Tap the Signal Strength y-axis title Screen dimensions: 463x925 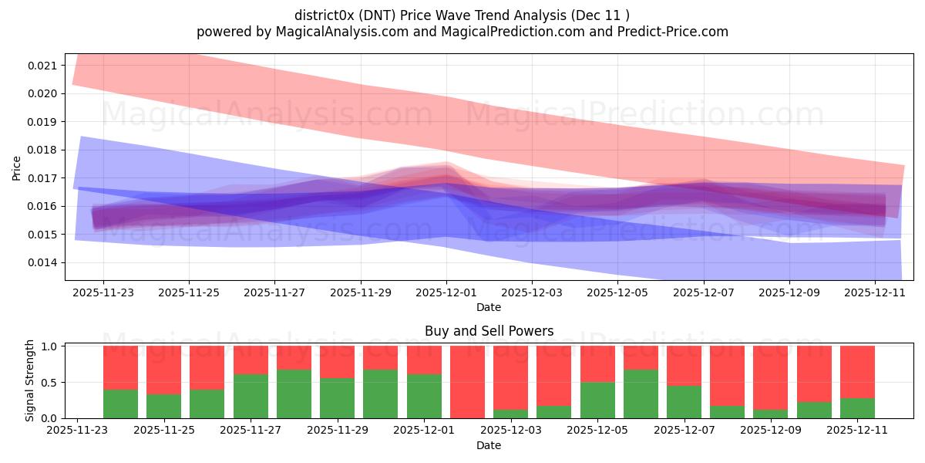tap(29, 381)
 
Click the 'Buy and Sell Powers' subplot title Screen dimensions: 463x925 tap(489, 331)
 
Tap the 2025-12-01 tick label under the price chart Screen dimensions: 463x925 tap(446, 293)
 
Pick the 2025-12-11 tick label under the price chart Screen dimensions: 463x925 tap(875, 293)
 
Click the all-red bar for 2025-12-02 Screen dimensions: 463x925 tap(467, 382)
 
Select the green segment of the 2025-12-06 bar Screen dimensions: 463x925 tap(641, 394)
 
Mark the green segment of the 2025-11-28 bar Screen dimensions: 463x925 tap(294, 394)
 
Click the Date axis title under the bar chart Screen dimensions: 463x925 tap(489, 445)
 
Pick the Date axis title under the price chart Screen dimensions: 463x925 tap(489, 307)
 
